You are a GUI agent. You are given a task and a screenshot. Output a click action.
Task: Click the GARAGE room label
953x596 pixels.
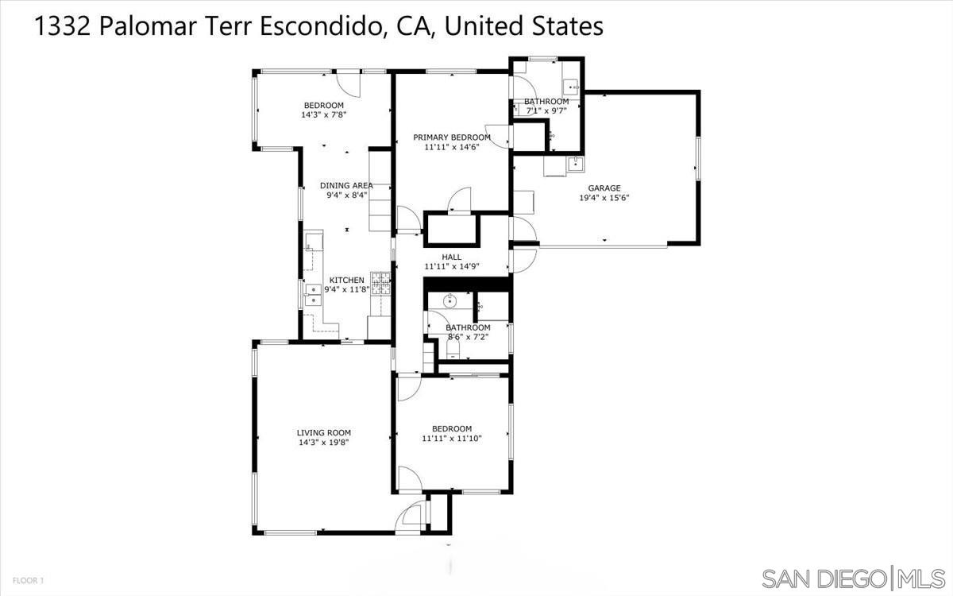click(604, 188)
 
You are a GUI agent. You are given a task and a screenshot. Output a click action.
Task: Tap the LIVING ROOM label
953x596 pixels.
click(324, 433)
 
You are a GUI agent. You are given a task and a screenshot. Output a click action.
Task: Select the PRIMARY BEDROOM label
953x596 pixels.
click(452, 137)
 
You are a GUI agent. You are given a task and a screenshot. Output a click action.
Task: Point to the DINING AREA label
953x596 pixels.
click(346, 185)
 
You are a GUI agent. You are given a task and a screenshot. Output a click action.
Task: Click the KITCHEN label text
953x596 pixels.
click(347, 280)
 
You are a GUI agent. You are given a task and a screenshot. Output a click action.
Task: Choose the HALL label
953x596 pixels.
click(451, 257)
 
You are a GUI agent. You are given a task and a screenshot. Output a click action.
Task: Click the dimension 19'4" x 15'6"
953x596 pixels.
click(604, 199)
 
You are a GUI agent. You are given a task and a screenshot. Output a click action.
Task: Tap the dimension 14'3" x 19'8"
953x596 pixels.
click(324, 443)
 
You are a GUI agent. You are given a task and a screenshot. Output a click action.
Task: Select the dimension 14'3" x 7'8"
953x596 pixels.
click(324, 115)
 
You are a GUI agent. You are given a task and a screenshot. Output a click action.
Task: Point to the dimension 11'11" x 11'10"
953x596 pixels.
click(452, 438)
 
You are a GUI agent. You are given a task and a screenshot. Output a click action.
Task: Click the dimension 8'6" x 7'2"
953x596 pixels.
click(467, 337)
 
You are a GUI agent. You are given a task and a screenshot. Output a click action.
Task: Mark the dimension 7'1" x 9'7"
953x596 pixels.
click(546, 111)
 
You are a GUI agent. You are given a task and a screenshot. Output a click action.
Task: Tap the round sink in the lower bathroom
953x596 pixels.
click(449, 301)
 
